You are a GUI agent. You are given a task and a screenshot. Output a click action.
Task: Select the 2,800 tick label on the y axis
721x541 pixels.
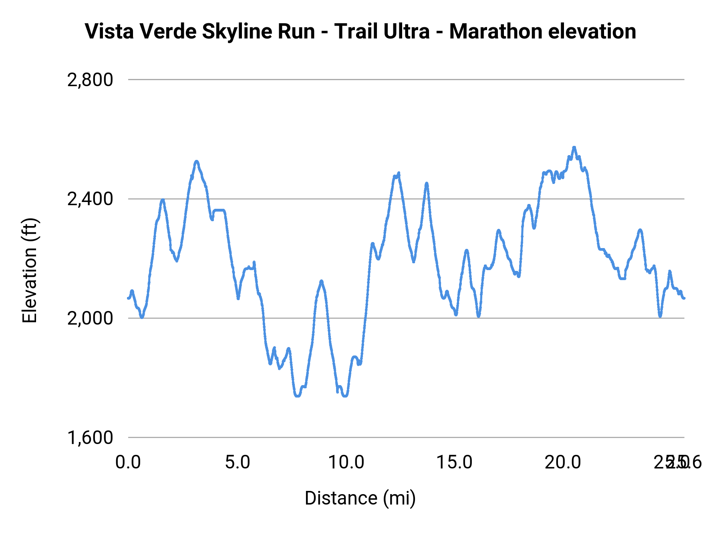coord(90,80)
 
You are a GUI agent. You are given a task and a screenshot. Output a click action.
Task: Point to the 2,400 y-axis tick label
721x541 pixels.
coord(90,199)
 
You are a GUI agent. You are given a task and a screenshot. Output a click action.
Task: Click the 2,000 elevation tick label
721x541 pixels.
coord(90,318)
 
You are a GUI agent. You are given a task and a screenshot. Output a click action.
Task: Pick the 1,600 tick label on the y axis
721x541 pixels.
coord(90,437)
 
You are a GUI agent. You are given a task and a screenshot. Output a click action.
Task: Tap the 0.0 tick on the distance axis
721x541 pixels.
coord(128,462)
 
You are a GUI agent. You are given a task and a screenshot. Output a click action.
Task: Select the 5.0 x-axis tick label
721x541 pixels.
coord(237,462)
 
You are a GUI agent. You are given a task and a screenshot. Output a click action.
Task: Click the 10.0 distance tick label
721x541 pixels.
coord(346,462)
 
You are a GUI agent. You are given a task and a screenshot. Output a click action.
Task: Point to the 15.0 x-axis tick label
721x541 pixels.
coord(455,462)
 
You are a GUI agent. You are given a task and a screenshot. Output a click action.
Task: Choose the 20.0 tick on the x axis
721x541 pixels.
coord(563,462)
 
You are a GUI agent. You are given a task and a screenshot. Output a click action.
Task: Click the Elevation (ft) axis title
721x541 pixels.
coord(30,270)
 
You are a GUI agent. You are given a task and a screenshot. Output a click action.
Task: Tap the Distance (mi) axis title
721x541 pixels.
coord(360,498)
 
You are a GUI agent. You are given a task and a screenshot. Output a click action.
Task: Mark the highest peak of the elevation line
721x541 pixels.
coord(574,147)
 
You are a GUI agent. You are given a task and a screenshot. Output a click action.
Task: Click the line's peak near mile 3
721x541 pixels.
coord(197,161)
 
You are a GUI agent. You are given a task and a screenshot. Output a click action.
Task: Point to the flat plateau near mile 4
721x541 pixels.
coord(219,210)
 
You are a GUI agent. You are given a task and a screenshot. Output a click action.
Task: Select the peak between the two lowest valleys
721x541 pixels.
coord(321,281)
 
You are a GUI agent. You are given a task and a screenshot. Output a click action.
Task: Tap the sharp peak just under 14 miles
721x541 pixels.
coord(427,184)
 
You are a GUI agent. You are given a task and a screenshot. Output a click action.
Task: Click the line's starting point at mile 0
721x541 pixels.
coord(128,298)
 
